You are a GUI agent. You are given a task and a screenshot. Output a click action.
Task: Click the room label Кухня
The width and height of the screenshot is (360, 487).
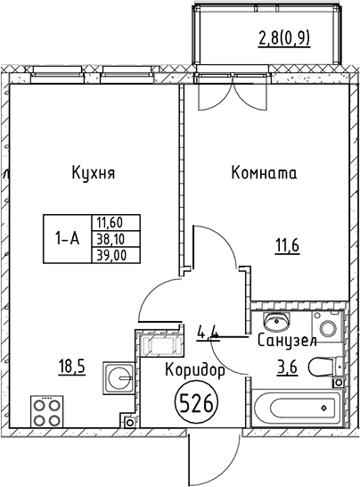94,173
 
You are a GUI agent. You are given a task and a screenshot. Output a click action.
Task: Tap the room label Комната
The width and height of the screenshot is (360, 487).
263,173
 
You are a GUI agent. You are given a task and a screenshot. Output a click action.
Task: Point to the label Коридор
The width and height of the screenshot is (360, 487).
194,369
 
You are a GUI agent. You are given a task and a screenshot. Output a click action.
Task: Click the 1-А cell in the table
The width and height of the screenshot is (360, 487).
68,239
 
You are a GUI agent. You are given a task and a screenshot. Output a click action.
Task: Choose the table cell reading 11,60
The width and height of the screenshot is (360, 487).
108,224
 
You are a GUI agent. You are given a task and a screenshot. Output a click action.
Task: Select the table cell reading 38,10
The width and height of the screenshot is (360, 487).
108,239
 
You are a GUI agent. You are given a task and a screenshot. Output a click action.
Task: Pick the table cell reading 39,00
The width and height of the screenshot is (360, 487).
108,254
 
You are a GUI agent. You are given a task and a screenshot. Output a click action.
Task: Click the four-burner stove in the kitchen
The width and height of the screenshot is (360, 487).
47,411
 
